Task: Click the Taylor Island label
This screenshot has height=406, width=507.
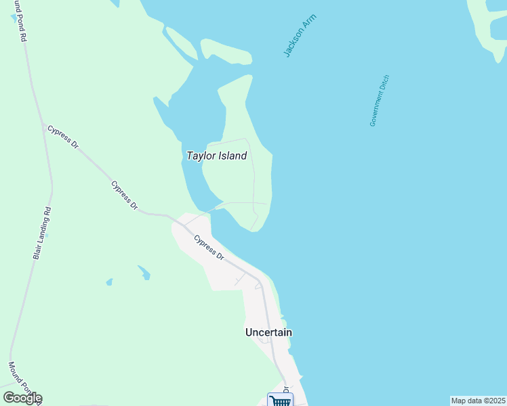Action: pyautogui.click(x=216, y=156)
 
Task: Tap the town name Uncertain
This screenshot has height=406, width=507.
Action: pyautogui.click(x=268, y=332)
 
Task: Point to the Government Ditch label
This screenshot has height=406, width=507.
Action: pyautogui.click(x=380, y=100)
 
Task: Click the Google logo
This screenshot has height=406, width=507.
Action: pyautogui.click(x=22, y=398)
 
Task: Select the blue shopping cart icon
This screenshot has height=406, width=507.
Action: pyautogui.click(x=279, y=401)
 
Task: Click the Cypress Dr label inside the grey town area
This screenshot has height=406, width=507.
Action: pyautogui.click(x=209, y=248)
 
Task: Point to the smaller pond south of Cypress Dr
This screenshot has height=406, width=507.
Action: pyautogui.click(x=109, y=281)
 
